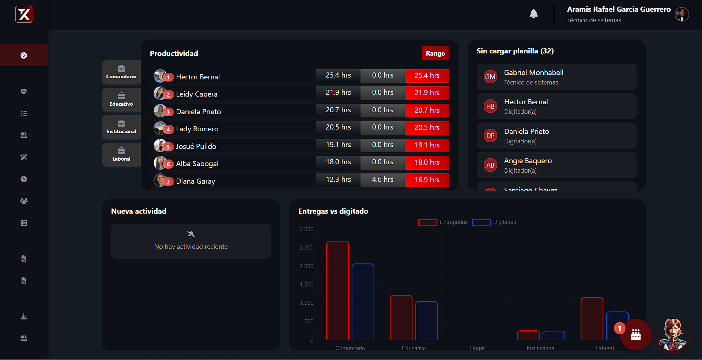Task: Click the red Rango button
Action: tap(435, 53)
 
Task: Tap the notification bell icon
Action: tap(533, 14)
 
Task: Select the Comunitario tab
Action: tap(121, 72)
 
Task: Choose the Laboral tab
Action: tap(121, 154)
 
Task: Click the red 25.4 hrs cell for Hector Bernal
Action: tap(427, 76)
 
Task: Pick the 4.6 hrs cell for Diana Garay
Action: tap(382, 180)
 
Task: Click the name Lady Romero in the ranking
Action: tap(197, 129)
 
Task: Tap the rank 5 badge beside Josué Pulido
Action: tap(168, 147)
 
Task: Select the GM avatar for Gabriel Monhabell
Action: tap(490, 77)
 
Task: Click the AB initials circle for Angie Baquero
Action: tap(490, 165)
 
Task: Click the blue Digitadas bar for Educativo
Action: tap(426, 320)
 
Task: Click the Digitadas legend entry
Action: tap(494, 222)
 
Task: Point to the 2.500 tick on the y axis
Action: tap(306, 248)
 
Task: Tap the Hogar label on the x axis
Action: tap(477, 348)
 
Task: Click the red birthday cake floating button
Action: tap(635, 334)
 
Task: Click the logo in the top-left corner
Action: tap(24, 15)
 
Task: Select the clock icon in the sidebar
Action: tap(24, 179)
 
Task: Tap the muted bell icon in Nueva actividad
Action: tap(191, 234)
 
